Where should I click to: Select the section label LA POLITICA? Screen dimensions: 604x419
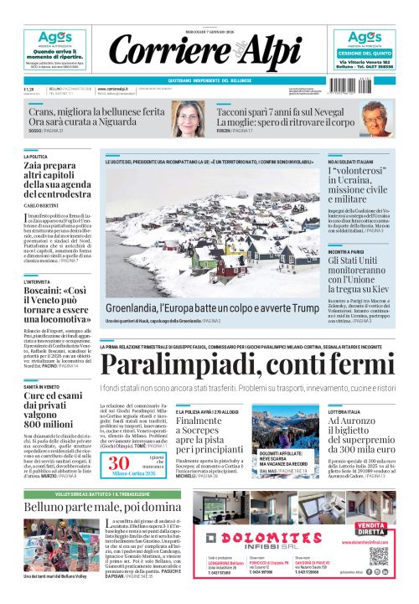click(x=36, y=157)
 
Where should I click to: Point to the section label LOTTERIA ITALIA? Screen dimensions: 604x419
click(x=346, y=411)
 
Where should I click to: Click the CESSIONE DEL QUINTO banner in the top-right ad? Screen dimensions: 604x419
click(x=365, y=52)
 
